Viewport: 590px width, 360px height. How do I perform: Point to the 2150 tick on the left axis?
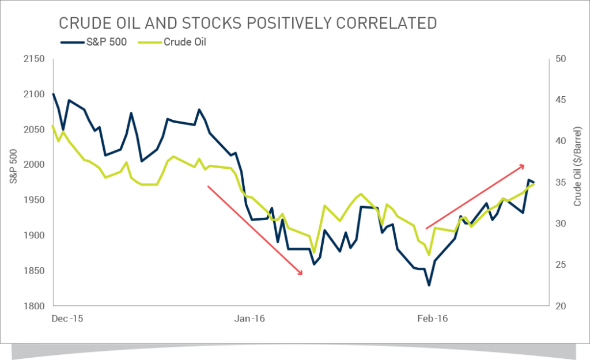point(35,59)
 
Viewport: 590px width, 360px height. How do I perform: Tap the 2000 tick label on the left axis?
point(35,165)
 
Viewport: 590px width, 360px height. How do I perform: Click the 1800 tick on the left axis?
point(35,306)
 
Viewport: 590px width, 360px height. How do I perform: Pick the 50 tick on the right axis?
point(561,59)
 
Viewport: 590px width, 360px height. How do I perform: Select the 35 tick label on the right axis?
point(561,183)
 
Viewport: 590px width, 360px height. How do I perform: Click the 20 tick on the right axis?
point(561,306)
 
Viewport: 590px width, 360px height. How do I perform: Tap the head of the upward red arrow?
point(524,166)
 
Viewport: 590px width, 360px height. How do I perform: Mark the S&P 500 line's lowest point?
point(429,285)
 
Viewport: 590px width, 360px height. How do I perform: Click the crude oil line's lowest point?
point(429,255)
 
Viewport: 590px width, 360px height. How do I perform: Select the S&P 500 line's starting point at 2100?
point(53,94)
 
